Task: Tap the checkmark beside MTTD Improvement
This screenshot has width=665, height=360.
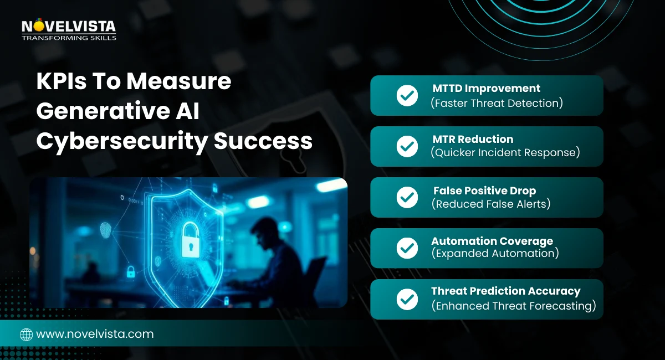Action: click(407, 96)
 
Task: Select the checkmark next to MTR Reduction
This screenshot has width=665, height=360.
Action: click(407, 147)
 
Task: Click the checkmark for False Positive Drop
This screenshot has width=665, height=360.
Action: click(407, 198)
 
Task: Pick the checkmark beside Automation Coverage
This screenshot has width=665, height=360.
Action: click(407, 249)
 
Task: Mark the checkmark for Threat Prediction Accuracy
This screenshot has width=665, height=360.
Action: click(407, 300)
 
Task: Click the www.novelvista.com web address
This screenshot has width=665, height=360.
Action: click(95, 334)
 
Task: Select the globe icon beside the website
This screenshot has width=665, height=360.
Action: click(26, 335)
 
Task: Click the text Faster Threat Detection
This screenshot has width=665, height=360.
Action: click(497, 102)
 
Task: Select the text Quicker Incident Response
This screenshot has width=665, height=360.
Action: click(505, 153)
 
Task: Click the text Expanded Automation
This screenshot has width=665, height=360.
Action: click(494, 254)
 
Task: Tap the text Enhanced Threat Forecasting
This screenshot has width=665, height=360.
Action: click(513, 305)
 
